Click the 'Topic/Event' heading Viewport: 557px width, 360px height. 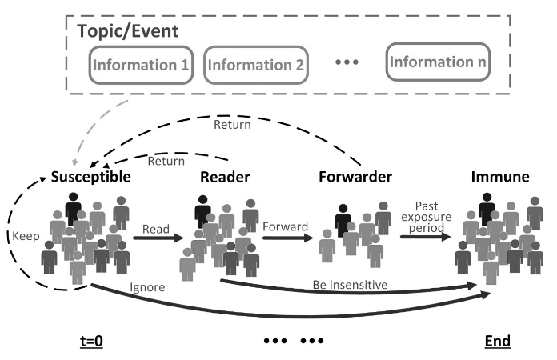[128, 31]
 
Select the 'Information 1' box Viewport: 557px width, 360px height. [141, 65]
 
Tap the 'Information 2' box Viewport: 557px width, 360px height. [256, 65]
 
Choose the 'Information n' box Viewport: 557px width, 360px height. [438, 62]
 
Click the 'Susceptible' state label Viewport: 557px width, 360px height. [91, 177]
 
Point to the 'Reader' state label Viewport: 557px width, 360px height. [225, 177]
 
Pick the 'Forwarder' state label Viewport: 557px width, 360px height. [355, 177]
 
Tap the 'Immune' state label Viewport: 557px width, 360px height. [500, 177]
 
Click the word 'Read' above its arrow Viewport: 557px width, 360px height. [156, 230]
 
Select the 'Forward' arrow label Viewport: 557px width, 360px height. [285, 226]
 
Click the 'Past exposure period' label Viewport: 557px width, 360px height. [427, 217]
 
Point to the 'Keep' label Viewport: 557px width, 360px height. [26, 236]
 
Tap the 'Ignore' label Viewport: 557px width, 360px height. [147, 287]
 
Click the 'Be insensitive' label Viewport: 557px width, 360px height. [350, 285]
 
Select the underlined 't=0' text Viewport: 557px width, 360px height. [92, 341]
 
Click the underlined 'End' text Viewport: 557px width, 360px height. [498, 341]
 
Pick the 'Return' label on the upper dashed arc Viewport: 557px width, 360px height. [232, 125]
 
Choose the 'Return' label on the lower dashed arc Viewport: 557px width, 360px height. [166, 161]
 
